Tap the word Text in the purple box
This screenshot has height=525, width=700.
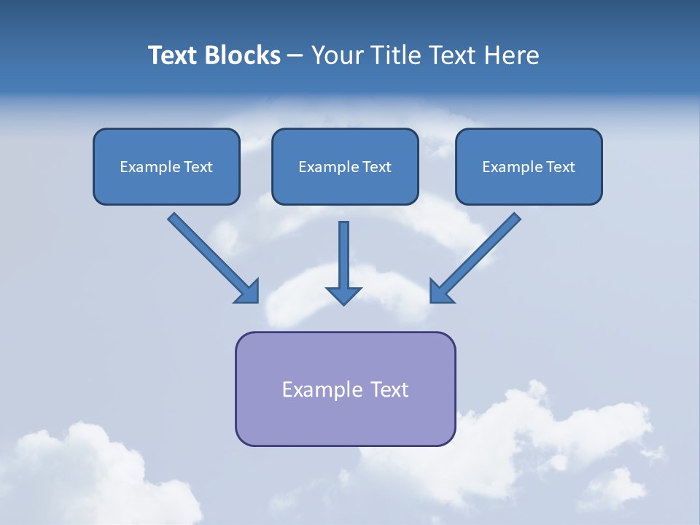click(390, 389)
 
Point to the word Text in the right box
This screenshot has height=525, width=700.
click(560, 167)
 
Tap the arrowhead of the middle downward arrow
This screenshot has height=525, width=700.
click(344, 295)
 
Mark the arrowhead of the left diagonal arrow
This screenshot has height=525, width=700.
click(249, 292)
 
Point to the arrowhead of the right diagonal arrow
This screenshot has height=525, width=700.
click(440, 292)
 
